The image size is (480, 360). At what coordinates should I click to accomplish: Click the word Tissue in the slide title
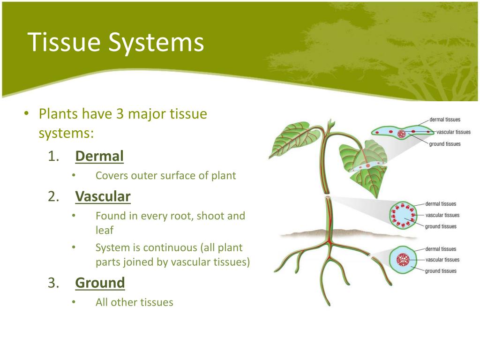[64, 43]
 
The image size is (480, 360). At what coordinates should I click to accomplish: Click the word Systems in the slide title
[157, 43]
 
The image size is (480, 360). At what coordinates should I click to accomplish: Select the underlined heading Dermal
[99, 156]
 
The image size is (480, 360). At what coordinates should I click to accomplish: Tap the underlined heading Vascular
[103, 196]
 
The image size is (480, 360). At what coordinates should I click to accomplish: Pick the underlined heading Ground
[100, 283]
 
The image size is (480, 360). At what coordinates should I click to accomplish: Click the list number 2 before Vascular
[53, 196]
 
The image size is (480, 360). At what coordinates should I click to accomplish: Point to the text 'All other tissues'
[134, 302]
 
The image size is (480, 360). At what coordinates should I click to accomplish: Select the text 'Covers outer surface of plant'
[165, 176]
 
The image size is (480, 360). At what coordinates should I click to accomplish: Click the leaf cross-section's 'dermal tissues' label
[445, 120]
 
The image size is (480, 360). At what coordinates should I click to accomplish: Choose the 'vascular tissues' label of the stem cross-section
[442, 215]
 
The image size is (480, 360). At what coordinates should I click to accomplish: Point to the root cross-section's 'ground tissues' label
[441, 271]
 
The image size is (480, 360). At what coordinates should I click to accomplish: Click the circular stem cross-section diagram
[402, 216]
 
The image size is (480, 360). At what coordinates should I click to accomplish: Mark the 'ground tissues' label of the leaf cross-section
[445, 144]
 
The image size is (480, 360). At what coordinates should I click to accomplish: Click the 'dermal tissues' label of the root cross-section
[441, 249]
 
